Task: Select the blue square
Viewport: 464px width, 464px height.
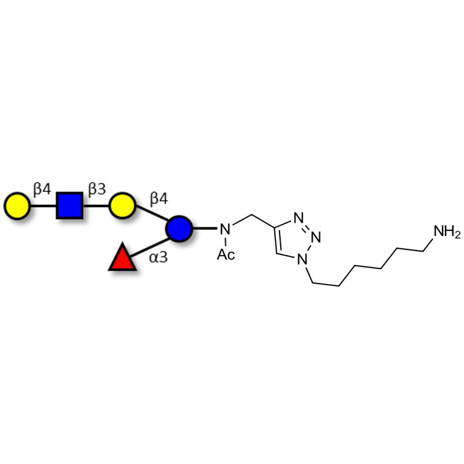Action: click(x=70, y=205)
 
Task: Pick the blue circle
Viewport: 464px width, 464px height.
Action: click(x=179, y=228)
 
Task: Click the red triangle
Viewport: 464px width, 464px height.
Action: click(x=122, y=258)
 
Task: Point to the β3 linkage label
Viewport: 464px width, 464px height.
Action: click(x=97, y=189)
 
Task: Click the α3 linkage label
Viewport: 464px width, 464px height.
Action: click(x=158, y=257)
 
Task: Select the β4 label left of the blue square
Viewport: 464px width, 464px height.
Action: click(x=42, y=189)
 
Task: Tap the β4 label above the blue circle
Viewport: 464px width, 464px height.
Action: click(x=159, y=199)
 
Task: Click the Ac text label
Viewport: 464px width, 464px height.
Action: click(x=226, y=254)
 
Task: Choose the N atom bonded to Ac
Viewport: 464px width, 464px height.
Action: click(x=226, y=229)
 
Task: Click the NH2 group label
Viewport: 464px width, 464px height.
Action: click(x=447, y=233)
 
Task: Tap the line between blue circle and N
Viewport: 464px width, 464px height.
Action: click(x=204, y=228)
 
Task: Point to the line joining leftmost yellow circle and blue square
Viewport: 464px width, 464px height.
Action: click(x=42, y=205)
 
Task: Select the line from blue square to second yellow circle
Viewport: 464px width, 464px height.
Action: click(x=96, y=205)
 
